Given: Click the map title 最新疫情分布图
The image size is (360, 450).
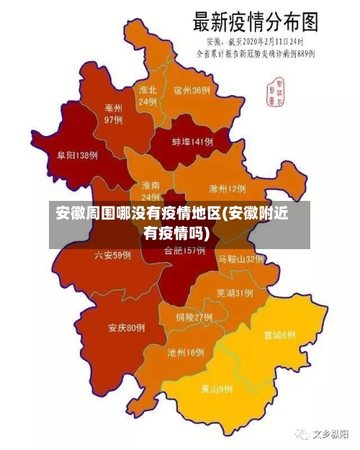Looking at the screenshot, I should coord(255,21).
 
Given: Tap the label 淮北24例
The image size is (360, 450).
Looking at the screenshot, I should coord(148,96).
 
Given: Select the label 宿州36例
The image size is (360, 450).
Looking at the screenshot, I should coord(192,91).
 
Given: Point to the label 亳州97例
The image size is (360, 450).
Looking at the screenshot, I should coord(113,114).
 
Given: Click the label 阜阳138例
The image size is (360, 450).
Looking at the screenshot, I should coord(77,155).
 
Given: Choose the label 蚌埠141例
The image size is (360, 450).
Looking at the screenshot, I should coord(192,143).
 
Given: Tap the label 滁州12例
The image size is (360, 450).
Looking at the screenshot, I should coord(227,189).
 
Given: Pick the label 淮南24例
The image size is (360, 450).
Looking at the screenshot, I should coord(150,191).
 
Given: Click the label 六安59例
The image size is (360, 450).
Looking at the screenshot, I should coord(112,255).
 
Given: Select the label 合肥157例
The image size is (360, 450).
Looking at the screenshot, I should coord(184,251).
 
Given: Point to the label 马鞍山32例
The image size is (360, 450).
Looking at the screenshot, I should coord(241,258).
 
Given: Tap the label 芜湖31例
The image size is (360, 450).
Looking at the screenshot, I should coord(234,293).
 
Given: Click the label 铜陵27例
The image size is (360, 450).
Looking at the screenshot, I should coord(194,317).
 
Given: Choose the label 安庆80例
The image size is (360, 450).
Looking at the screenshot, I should coord(127,328).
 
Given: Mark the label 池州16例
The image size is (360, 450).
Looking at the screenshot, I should coord(186,353).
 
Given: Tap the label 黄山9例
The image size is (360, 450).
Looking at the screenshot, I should coord(216,389).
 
